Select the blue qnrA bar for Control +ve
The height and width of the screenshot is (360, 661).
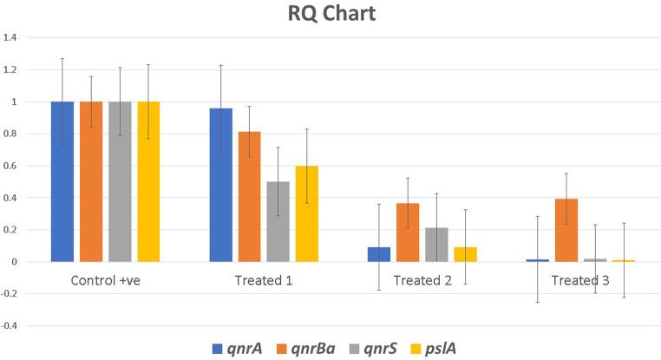[x=62, y=181]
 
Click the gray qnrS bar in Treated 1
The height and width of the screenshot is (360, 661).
[x=278, y=221]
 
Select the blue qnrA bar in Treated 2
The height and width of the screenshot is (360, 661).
[x=379, y=254]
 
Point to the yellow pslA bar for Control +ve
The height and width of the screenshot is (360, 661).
[x=148, y=181]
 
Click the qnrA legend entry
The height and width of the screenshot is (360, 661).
[x=238, y=348]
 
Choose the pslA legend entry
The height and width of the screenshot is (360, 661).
[x=461, y=348]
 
